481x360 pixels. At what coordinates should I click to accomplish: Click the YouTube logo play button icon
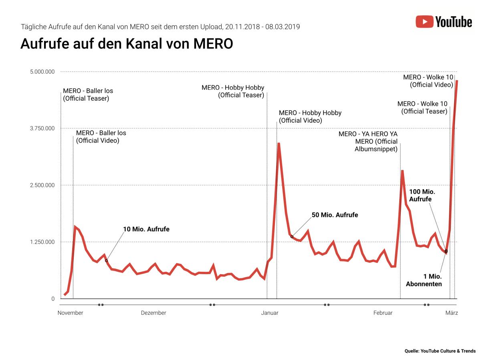tap(424, 21)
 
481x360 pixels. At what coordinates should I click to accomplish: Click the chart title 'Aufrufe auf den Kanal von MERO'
tap(126, 44)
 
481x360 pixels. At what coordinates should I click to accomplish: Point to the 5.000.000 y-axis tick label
tap(42, 72)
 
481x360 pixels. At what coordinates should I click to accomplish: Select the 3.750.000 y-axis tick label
tap(42, 128)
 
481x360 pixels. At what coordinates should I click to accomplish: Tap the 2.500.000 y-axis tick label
tap(42, 185)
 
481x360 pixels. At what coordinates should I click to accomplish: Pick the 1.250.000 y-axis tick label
tap(42, 242)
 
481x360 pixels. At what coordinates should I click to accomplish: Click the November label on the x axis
tap(70, 313)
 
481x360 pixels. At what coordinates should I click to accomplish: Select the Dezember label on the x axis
tap(154, 313)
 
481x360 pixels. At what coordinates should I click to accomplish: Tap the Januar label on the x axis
tap(269, 313)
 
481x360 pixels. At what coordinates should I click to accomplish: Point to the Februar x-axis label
tap(383, 313)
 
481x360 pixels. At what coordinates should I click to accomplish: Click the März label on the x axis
tap(451, 313)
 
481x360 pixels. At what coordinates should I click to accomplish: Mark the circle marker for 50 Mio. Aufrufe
tap(292, 237)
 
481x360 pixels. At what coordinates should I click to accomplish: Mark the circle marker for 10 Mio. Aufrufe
tap(106, 261)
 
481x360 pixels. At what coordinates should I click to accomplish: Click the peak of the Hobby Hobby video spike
tap(279, 143)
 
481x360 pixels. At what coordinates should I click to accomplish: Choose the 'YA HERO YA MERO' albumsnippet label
tap(368, 142)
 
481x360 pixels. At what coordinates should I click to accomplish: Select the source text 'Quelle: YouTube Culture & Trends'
tap(440, 351)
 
